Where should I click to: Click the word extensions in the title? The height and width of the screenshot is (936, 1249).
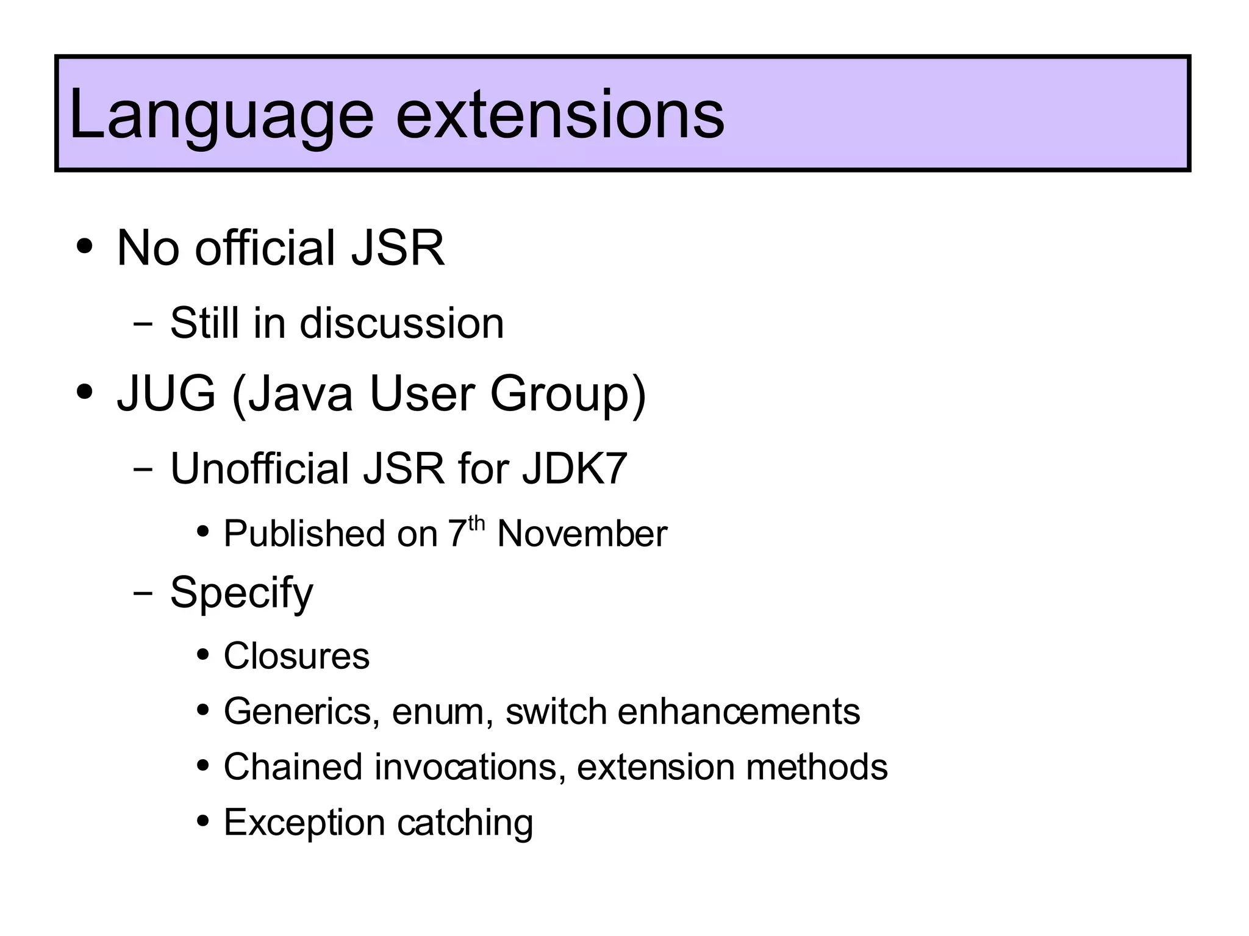(560, 115)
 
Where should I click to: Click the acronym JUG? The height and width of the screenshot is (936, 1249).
(166, 393)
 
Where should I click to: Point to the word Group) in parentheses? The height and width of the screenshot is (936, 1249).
(567, 395)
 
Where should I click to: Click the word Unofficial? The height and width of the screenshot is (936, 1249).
(260, 468)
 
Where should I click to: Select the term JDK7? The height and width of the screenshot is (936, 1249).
(574, 468)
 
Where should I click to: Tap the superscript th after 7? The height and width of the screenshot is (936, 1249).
(476, 523)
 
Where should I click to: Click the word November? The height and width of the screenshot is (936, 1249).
(582, 534)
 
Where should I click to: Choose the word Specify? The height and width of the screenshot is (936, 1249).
(242, 593)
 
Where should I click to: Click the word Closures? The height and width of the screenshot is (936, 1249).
(296, 656)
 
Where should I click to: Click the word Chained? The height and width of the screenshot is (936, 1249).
(293, 766)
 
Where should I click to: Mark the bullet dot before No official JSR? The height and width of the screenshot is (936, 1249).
(84, 248)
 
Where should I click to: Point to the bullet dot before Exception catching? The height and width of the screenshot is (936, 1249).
(203, 821)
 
